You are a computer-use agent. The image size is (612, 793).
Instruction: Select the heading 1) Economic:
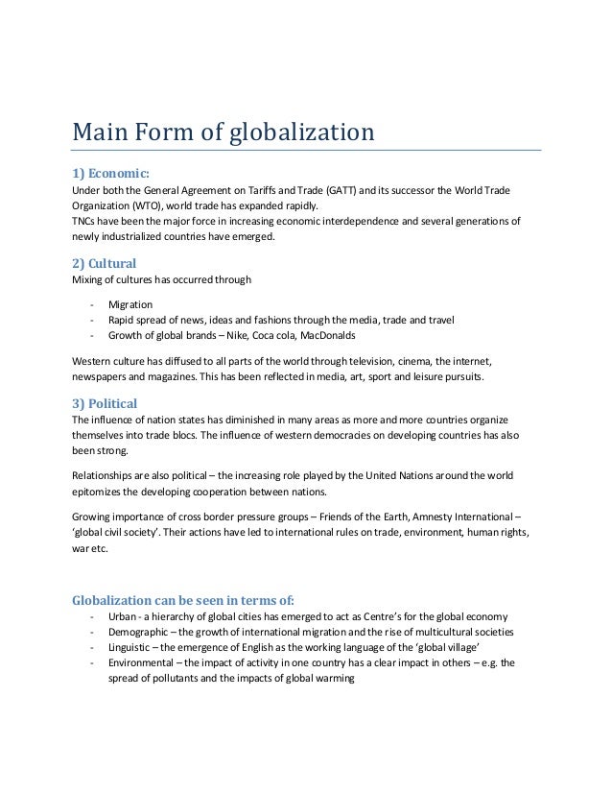[x=110, y=173]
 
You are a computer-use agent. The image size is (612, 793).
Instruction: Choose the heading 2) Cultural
[x=105, y=263]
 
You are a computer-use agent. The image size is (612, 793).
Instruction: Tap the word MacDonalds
[x=323, y=335]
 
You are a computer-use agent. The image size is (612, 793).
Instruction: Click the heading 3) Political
[x=105, y=402]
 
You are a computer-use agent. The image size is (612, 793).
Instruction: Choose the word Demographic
[x=139, y=632]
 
